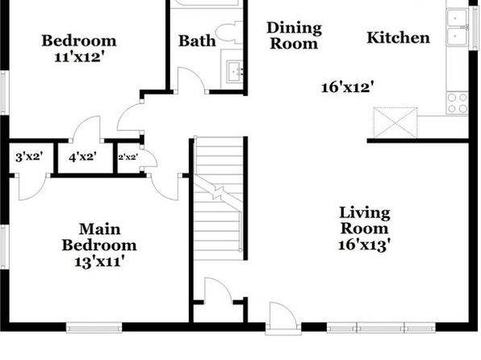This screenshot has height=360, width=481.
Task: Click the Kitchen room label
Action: [398, 38]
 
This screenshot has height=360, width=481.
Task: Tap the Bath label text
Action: [197, 41]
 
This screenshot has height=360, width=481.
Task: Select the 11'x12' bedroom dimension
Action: [77, 57]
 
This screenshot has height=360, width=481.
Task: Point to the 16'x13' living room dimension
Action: [365, 245]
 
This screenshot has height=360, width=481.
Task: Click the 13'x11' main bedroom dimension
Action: [99, 262]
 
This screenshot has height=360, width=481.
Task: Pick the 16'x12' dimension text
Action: [348, 87]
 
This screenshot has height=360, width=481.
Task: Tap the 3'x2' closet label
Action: [29, 157]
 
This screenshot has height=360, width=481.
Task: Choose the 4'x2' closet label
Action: [83, 157]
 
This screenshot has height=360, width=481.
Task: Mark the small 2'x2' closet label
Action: [128, 157]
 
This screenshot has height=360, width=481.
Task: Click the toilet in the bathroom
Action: [228, 32]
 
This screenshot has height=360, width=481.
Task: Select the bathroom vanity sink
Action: [235, 72]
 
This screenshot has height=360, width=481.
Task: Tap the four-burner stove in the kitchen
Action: [457, 103]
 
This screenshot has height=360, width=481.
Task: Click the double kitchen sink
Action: [458, 27]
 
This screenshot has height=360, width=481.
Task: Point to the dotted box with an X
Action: [395, 123]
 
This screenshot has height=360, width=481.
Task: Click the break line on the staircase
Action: [218, 193]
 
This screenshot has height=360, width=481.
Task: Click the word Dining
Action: [295, 28]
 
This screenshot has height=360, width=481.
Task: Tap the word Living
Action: [365, 213]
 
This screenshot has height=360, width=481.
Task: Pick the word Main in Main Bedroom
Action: [100, 229]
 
